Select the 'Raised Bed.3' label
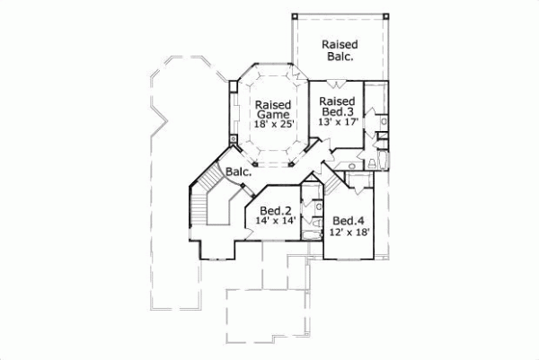pos(338,106)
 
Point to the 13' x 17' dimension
pos(338,121)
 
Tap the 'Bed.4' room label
pos(349,221)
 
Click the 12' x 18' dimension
pos(349,233)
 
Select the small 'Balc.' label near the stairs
pos(238,171)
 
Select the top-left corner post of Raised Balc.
pos(295,16)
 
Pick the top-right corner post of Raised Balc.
pos(387,16)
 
